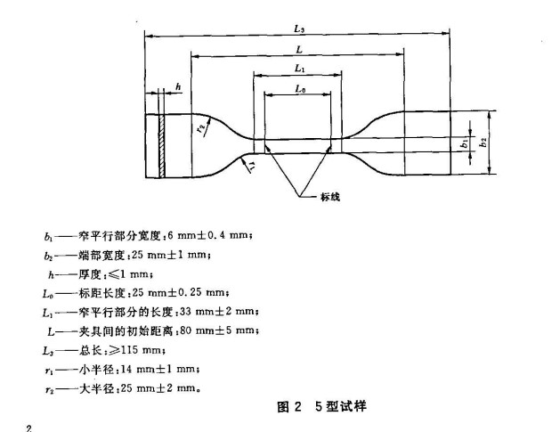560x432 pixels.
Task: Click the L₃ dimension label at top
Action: (x=299, y=29)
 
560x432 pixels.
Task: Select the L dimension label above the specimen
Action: (x=299, y=49)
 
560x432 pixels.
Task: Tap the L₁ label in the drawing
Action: (x=300, y=68)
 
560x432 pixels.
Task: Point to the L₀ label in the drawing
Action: (x=300, y=88)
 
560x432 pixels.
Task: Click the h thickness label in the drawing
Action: (x=178, y=86)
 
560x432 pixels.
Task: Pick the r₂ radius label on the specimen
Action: (x=201, y=128)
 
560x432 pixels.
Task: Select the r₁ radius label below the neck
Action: (x=252, y=166)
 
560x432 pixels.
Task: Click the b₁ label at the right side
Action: (x=464, y=143)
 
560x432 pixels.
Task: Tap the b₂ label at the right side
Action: (x=483, y=142)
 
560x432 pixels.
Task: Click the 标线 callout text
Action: (x=330, y=197)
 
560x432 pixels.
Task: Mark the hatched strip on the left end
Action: (x=162, y=146)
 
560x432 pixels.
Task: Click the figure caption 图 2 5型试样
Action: (x=321, y=407)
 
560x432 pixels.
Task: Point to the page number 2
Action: (x=29, y=428)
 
